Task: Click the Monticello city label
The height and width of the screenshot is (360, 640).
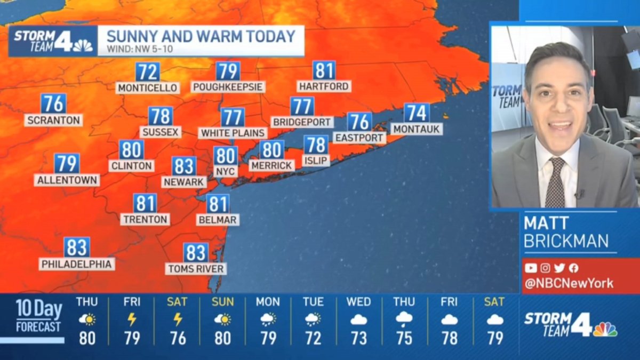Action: coord(147,87)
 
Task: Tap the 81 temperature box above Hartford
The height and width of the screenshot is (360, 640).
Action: coord(324,71)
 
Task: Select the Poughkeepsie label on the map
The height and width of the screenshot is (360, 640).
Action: coord(228,86)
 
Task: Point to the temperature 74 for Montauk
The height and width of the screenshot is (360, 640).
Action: coord(417,113)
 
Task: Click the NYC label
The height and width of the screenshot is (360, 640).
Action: coord(226,172)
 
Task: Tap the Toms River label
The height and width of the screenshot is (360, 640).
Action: coord(196,269)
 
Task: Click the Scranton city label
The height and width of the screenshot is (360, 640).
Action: coord(53,120)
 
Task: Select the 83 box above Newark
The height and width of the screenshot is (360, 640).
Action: coord(184,166)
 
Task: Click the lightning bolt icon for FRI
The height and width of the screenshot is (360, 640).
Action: coord(132,319)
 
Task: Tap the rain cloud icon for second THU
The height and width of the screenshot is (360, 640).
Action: coord(404,319)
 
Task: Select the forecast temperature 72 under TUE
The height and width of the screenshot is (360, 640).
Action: coord(313,338)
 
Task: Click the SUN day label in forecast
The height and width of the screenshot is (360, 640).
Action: coord(222,302)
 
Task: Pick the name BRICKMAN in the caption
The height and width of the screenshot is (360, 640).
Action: coord(566,241)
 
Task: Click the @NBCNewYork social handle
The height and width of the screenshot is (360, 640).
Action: coord(569,283)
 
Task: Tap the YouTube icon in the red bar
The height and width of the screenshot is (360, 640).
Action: coord(530,268)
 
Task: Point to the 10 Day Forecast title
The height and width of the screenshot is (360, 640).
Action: coord(38,315)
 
